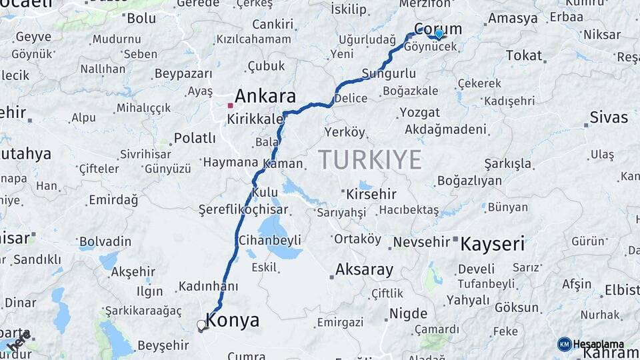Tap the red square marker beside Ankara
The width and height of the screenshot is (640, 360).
(x=231, y=105)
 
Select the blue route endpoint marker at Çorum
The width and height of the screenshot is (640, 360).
(x=439, y=33)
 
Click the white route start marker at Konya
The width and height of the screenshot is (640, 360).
(x=201, y=325)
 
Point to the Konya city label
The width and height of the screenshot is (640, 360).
(x=233, y=321)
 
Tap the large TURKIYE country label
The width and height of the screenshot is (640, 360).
(x=369, y=160)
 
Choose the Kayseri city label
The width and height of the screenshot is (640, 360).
(x=493, y=243)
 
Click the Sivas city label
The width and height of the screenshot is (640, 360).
(x=609, y=118)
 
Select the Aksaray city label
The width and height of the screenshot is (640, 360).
(x=364, y=270)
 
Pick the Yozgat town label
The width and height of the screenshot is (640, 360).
(x=420, y=112)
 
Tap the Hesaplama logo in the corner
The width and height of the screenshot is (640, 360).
(x=591, y=344)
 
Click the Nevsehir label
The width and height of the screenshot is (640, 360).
(x=421, y=242)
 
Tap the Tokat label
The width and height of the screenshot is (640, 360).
(x=524, y=55)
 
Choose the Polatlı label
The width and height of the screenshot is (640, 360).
(x=195, y=139)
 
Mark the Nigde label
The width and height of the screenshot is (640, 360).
(x=408, y=313)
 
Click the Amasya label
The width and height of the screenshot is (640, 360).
(x=513, y=18)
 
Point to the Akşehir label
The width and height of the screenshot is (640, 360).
(x=133, y=272)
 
